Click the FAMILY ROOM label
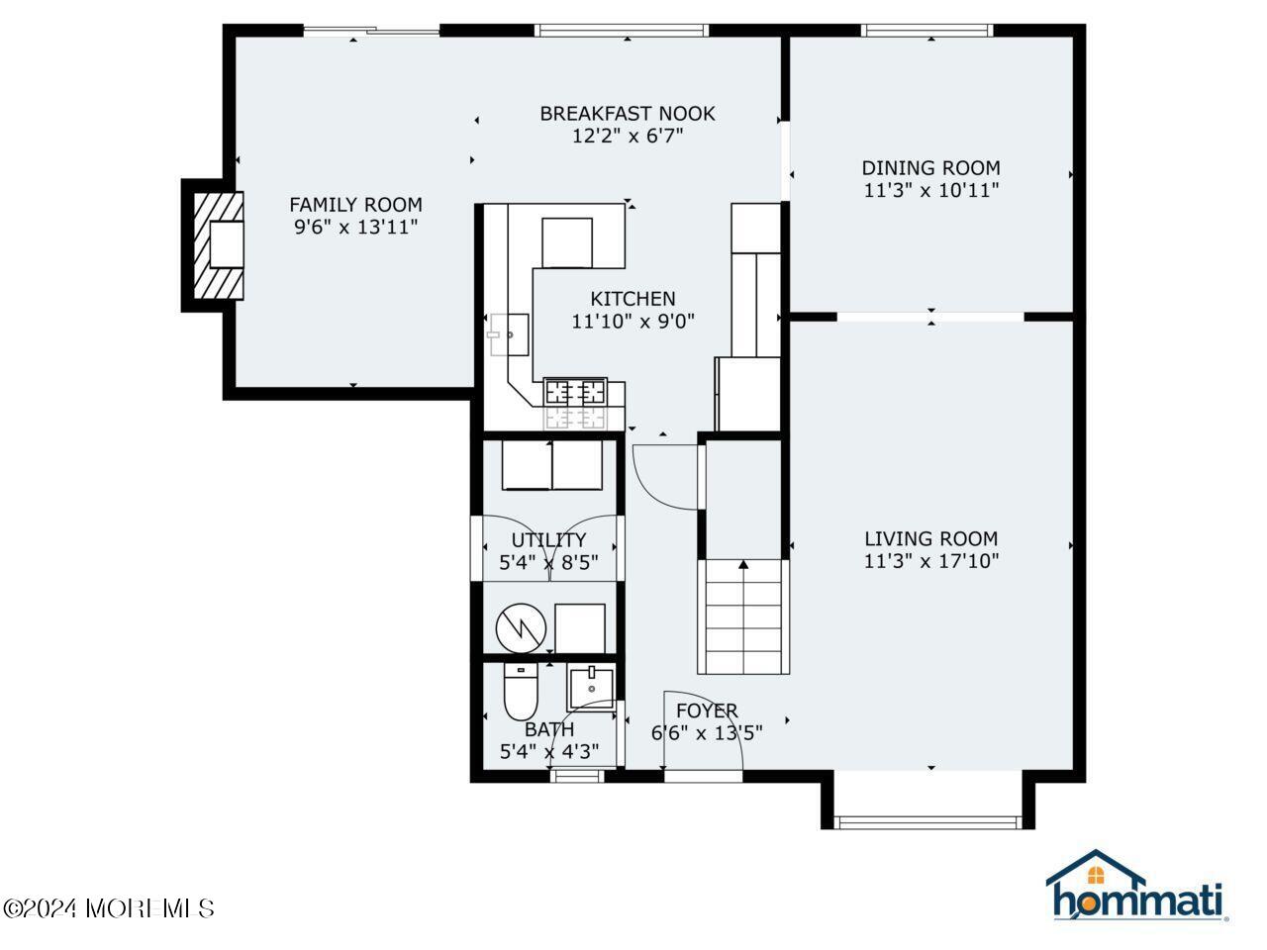[x=355, y=205]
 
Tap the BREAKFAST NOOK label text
[x=627, y=114]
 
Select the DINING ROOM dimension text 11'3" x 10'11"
[x=930, y=190]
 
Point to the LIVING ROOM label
[x=930, y=539]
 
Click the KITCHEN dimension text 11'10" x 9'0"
[x=633, y=321]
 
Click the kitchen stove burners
[x=575, y=392]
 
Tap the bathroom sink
[x=591, y=686]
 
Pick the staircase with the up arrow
[x=743, y=616]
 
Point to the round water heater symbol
[x=520, y=627]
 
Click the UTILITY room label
[x=548, y=540]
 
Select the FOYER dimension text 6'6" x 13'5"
[x=707, y=733]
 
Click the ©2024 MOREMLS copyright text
[x=109, y=907]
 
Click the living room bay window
[x=927, y=819]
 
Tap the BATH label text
[x=549, y=729]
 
